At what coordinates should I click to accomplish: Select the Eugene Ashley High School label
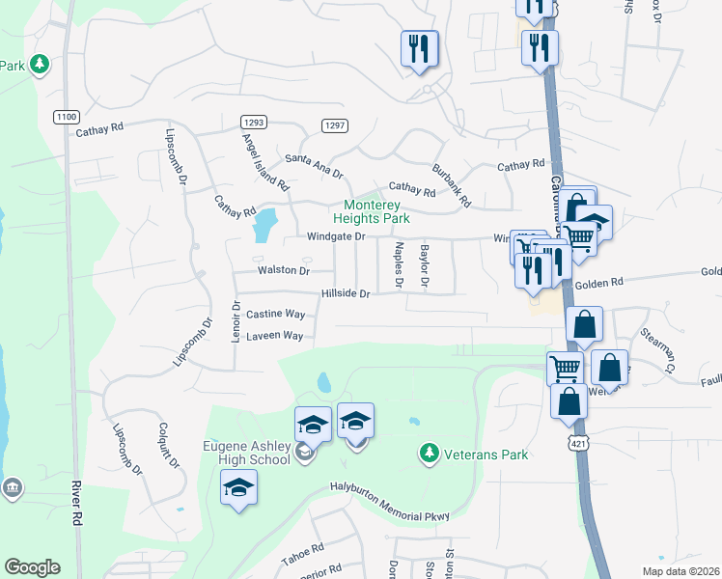246,453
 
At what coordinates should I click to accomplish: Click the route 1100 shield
67,116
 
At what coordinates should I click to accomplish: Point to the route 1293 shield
255,123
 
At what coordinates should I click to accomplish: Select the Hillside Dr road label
346,293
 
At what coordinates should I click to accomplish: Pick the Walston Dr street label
282,271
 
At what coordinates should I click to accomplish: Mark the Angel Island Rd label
264,160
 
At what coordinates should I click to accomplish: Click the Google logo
32,567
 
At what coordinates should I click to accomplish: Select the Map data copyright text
678,569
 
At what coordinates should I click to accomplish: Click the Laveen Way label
275,336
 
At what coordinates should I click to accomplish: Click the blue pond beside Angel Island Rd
264,226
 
